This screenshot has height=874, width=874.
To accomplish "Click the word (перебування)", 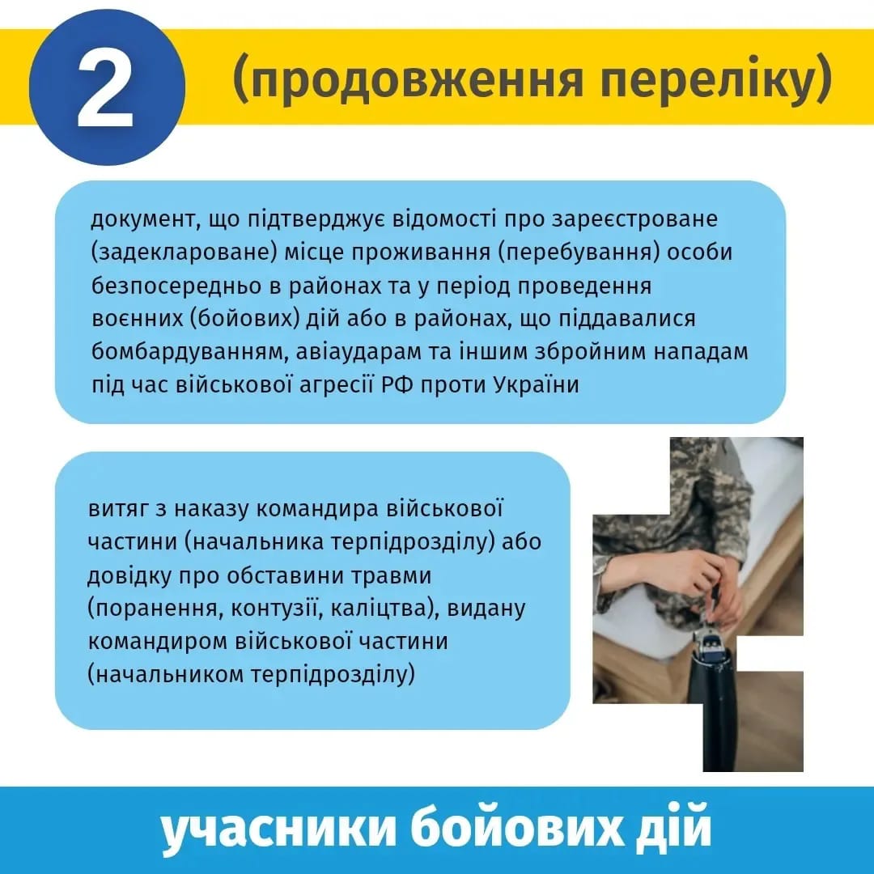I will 575,252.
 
